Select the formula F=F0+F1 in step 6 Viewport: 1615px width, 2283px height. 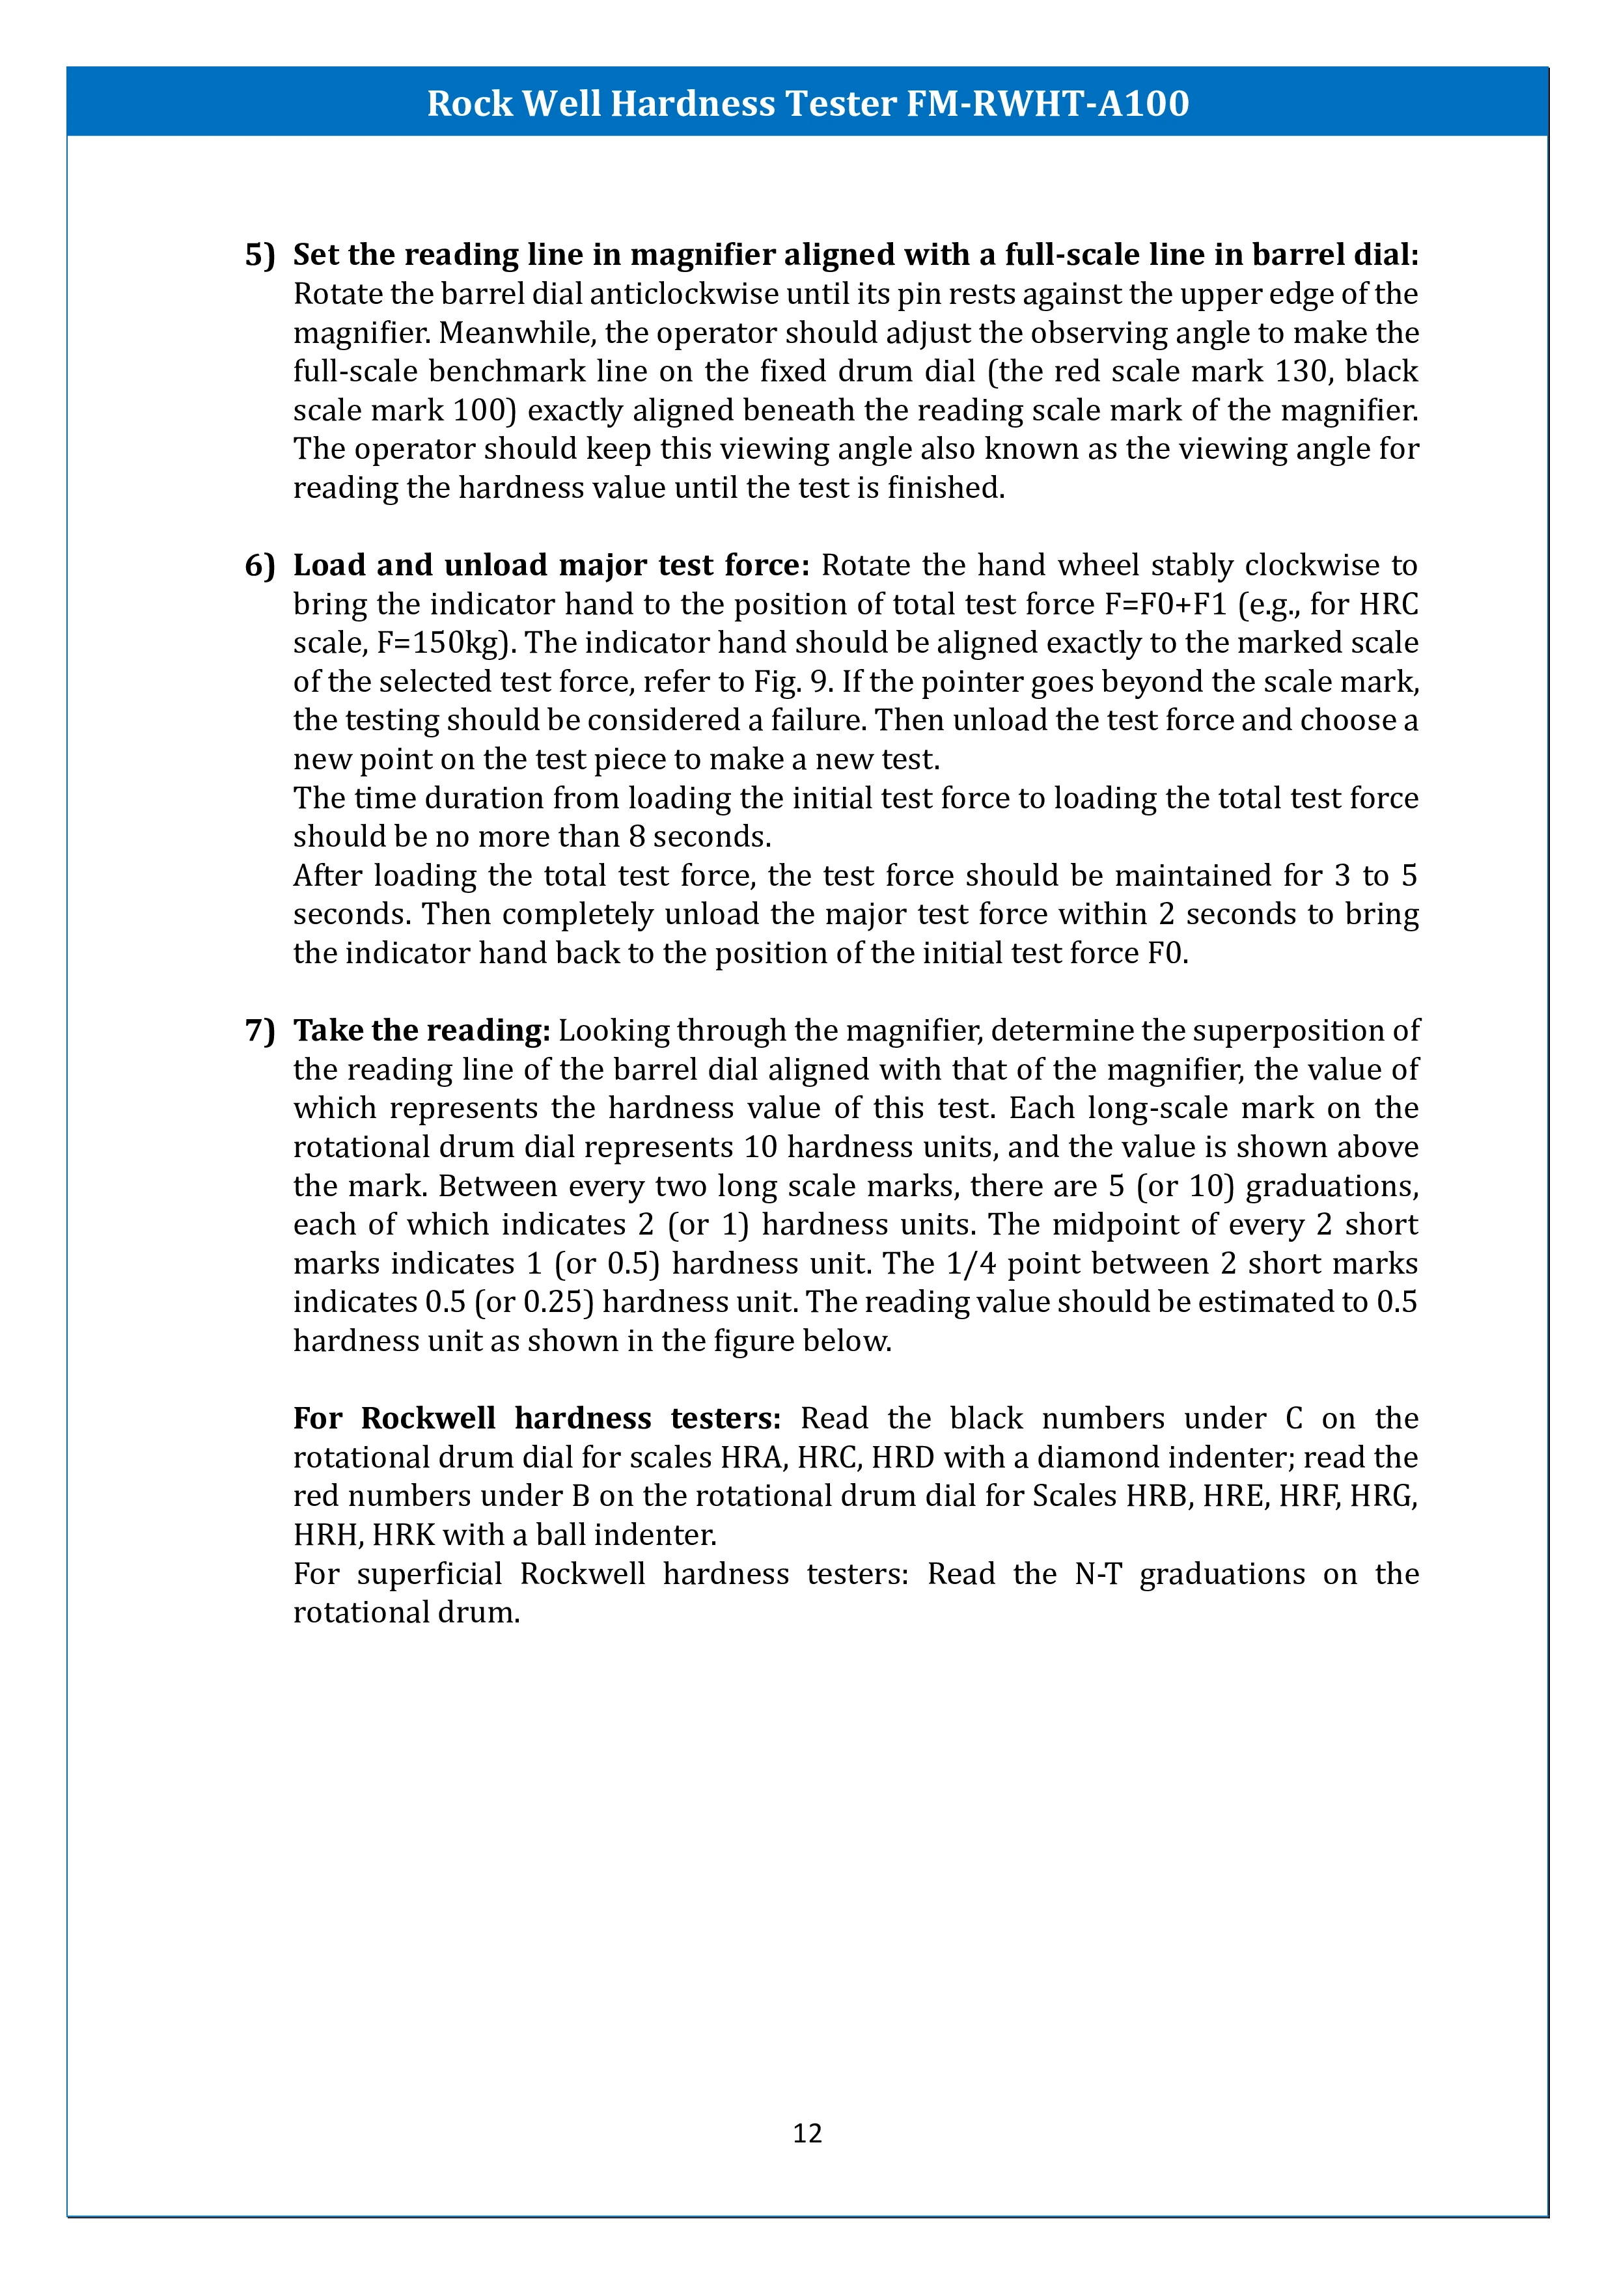pos(1165,605)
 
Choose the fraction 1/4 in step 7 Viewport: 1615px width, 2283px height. pos(971,1264)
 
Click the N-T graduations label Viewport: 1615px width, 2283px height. pos(1098,1574)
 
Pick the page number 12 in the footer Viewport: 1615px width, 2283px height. pos(807,2133)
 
